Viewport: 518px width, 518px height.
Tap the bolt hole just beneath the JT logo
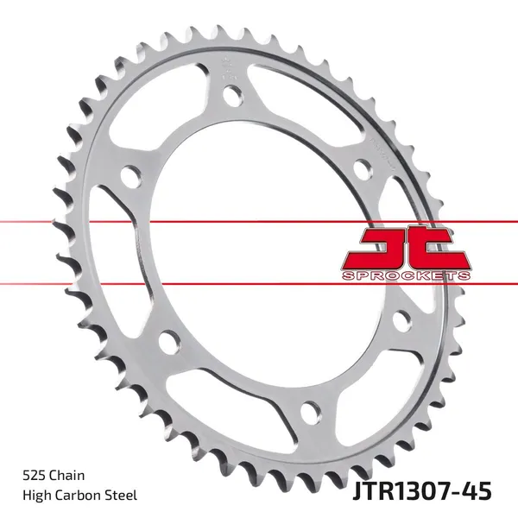coord(401,321)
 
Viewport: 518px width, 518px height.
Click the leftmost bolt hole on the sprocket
coord(132,178)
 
